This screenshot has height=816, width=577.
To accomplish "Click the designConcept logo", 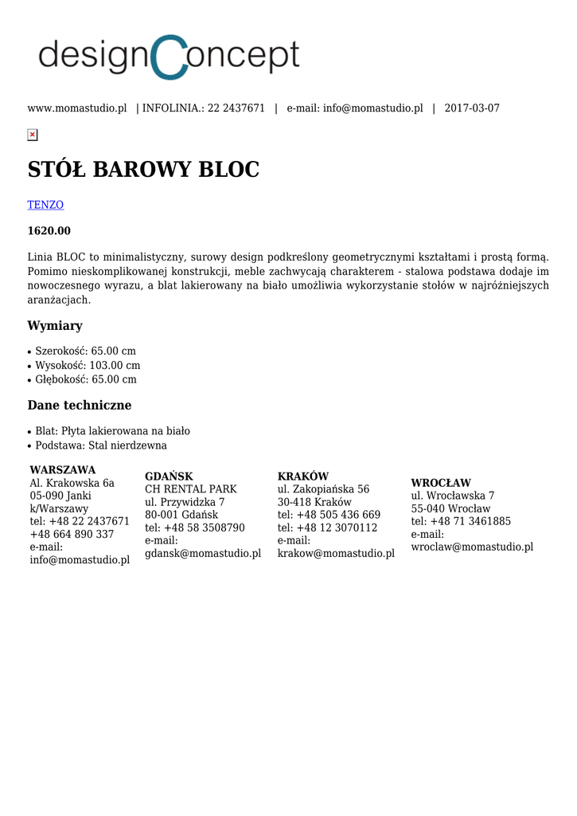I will (169, 57).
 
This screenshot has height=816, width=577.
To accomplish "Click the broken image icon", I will (33, 135).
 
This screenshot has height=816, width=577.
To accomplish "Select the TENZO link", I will (45, 205).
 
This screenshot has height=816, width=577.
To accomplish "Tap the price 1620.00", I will (49, 231).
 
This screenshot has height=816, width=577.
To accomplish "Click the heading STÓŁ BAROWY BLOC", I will (143, 170).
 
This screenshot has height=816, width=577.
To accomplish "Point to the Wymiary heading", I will (55, 326).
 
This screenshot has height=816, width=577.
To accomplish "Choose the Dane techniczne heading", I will (80, 405).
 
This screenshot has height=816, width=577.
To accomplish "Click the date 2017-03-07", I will (472, 108).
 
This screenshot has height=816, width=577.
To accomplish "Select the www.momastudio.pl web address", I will (77, 108).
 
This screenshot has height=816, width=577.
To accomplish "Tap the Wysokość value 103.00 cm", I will (115, 365).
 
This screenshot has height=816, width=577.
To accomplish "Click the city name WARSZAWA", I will (63, 470).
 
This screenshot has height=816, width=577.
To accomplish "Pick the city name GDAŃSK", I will (169, 477).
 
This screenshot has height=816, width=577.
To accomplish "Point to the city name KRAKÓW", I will (303, 477).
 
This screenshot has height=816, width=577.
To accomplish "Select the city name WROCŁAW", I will (441, 483).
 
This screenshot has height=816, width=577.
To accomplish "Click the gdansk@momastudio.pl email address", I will (203, 554).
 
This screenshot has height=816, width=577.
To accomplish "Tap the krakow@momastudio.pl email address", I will (336, 554).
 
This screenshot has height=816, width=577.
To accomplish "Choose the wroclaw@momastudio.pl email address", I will (472, 547).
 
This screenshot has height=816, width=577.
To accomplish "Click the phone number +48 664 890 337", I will (72, 534).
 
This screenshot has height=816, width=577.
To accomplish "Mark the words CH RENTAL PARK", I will (191, 489).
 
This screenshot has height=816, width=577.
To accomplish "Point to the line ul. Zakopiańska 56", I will (323, 489).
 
